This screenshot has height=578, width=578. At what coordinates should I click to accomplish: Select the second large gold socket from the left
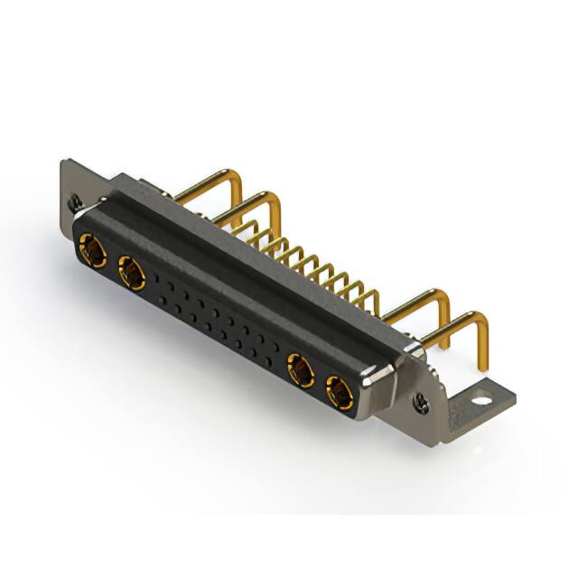tap(131, 269)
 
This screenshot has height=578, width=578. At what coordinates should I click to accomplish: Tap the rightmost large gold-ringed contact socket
tap(340, 392)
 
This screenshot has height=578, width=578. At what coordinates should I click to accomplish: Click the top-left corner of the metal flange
tap(63, 163)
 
